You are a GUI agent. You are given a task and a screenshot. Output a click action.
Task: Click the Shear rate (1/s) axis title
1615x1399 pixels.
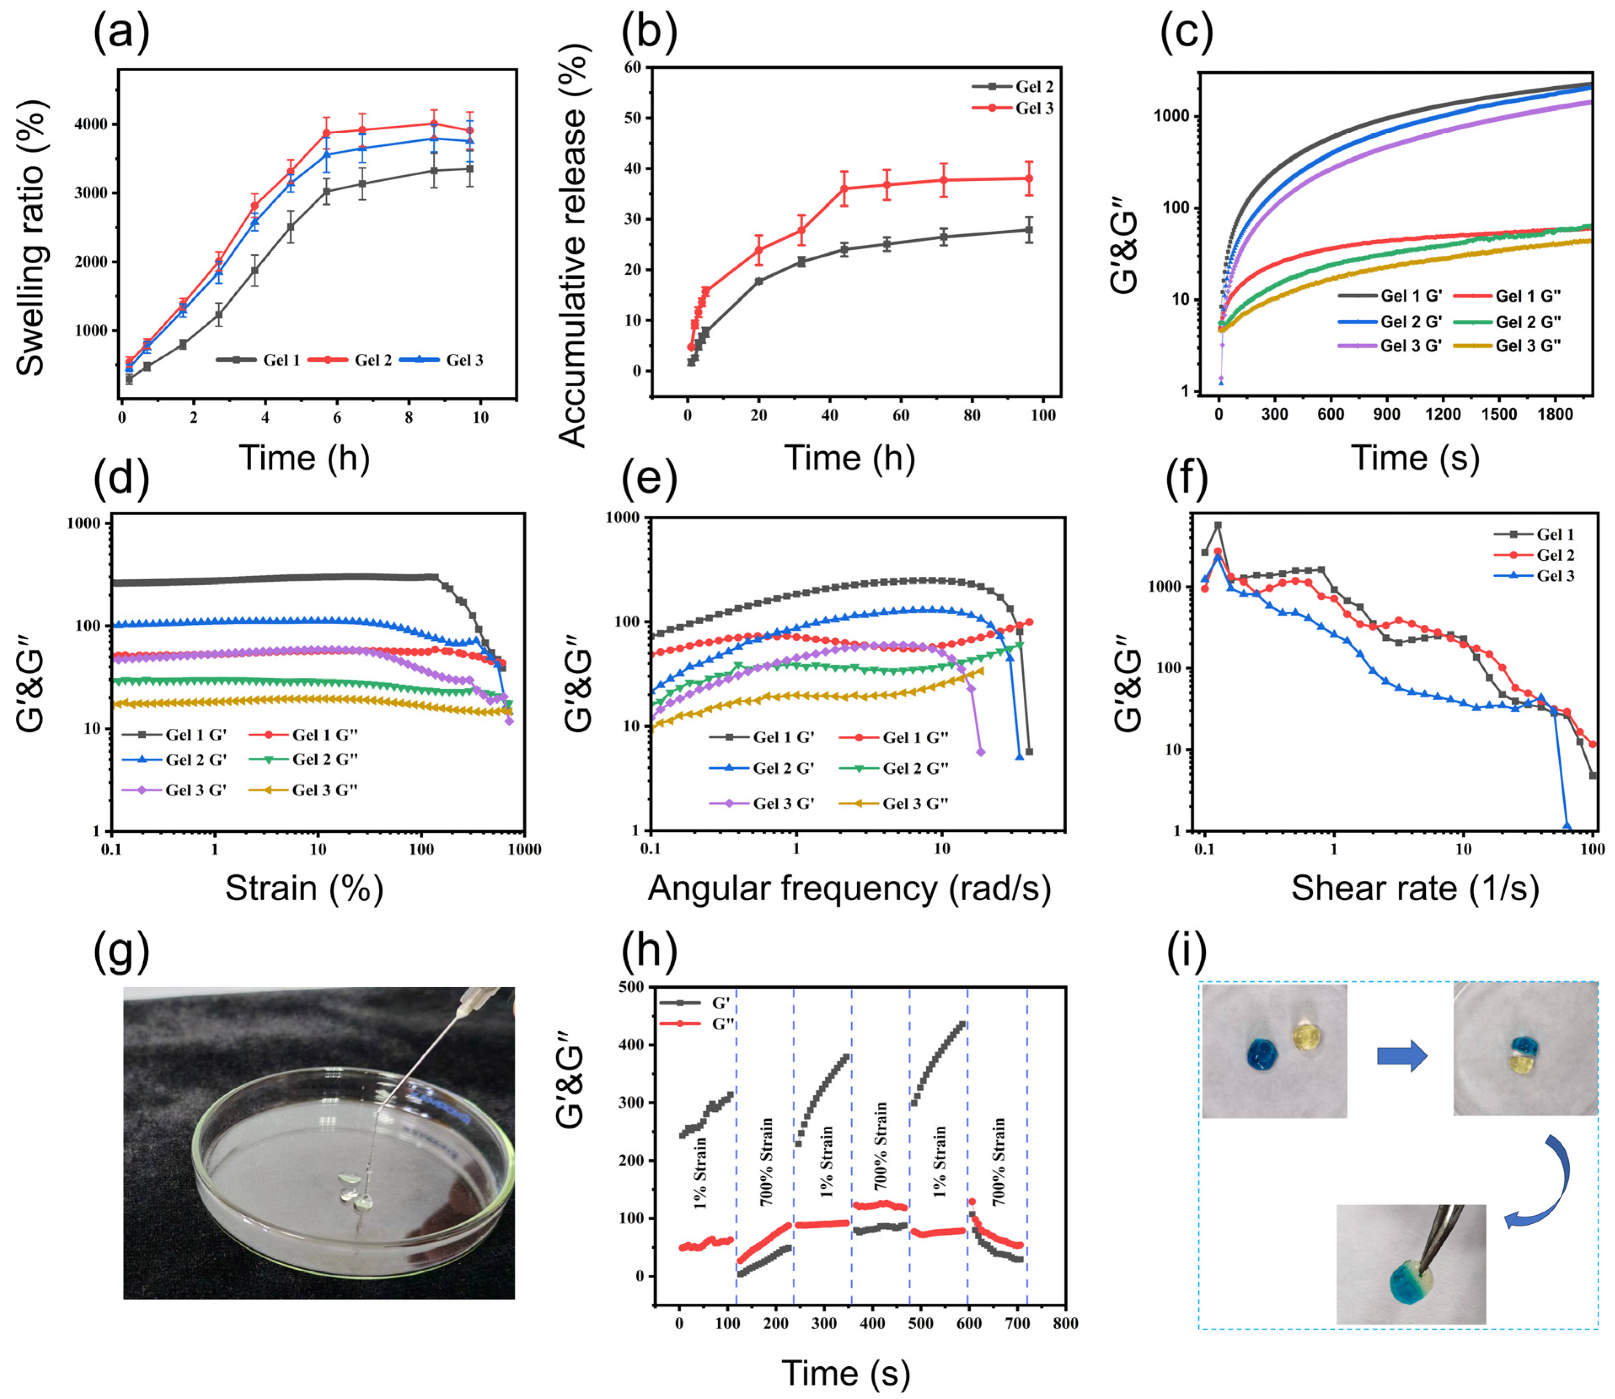tap(1415, 888)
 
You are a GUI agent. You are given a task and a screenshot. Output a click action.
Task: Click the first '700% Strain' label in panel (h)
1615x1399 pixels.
tap(767, 1162)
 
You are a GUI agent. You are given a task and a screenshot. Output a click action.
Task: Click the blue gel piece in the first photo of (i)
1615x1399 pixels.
tap(1261, 1054)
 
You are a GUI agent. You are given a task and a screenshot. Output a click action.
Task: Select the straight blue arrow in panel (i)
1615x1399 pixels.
tap(1402, 1058)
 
